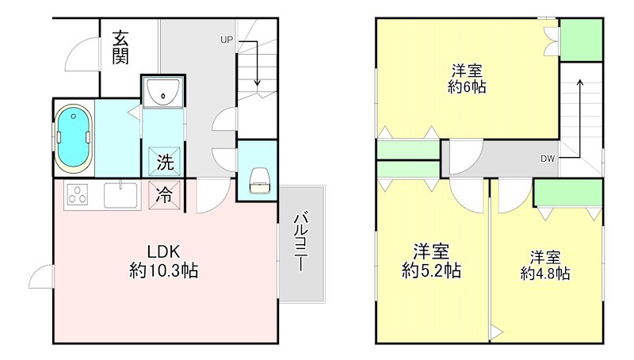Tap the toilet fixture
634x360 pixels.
[x=259, y=181]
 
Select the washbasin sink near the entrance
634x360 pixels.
[x=162, y=94]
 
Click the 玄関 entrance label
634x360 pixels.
[x=121, y=47]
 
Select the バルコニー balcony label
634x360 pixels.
[x=301, y=242]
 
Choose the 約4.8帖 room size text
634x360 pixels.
[x=545, y=274]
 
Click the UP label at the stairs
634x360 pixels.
[x=227, y=40]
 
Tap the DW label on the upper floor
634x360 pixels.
[x=548, y=159]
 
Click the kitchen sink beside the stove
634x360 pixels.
[x=121, y=193]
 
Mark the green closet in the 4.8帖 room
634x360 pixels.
[x=567, y=193]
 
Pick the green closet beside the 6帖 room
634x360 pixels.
[x=580, y=38]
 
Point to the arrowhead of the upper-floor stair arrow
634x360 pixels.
[x=581, y=82]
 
